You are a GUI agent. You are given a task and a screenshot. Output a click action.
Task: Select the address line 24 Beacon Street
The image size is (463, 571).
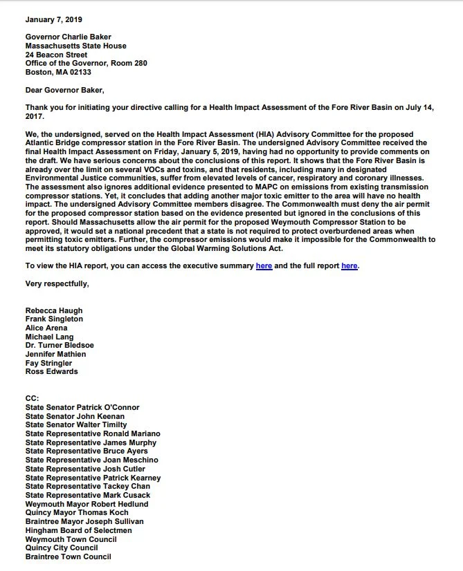(56, 55)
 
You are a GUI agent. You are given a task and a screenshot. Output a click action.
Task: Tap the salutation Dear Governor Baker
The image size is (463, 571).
(68, 89)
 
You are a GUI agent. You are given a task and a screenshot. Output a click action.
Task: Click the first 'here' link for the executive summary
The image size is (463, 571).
(264, 265)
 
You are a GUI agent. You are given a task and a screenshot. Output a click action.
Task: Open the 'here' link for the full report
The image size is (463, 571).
(349, 265)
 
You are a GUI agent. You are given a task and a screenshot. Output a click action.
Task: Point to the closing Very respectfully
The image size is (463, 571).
(57, 283)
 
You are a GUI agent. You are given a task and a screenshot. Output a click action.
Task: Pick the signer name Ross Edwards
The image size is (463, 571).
(52, 372)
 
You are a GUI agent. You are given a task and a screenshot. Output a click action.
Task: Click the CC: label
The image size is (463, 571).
(33, 399)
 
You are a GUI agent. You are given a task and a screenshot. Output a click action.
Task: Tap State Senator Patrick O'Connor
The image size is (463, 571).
(82, 408)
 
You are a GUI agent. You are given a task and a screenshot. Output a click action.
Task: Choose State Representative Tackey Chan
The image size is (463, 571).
(87, 487)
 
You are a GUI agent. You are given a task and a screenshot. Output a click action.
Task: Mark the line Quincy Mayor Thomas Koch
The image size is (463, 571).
(77, 513)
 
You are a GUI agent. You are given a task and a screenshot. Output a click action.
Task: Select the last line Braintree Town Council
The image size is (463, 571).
(68, 556)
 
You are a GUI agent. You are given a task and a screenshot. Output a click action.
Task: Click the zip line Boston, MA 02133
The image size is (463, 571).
(58, 72)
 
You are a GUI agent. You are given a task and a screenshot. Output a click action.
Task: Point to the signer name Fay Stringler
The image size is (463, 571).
(48, 363)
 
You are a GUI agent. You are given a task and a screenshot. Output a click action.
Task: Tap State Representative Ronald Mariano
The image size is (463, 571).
(93, 434)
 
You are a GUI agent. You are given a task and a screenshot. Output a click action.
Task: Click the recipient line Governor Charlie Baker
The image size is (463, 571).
(68, 37)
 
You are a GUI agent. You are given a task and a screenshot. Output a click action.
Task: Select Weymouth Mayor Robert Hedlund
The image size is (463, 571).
(87, 504)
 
